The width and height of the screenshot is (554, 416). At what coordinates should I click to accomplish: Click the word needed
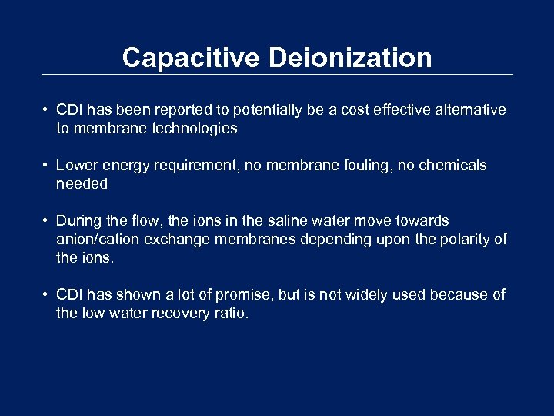(82, 184)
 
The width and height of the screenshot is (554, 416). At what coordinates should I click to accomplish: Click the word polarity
(466, 240)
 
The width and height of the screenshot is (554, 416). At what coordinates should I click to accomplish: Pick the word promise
(235, 295)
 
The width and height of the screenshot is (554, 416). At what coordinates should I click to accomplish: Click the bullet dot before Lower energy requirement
(47, 166)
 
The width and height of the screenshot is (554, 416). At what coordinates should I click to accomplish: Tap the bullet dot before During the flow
(47, 221)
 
